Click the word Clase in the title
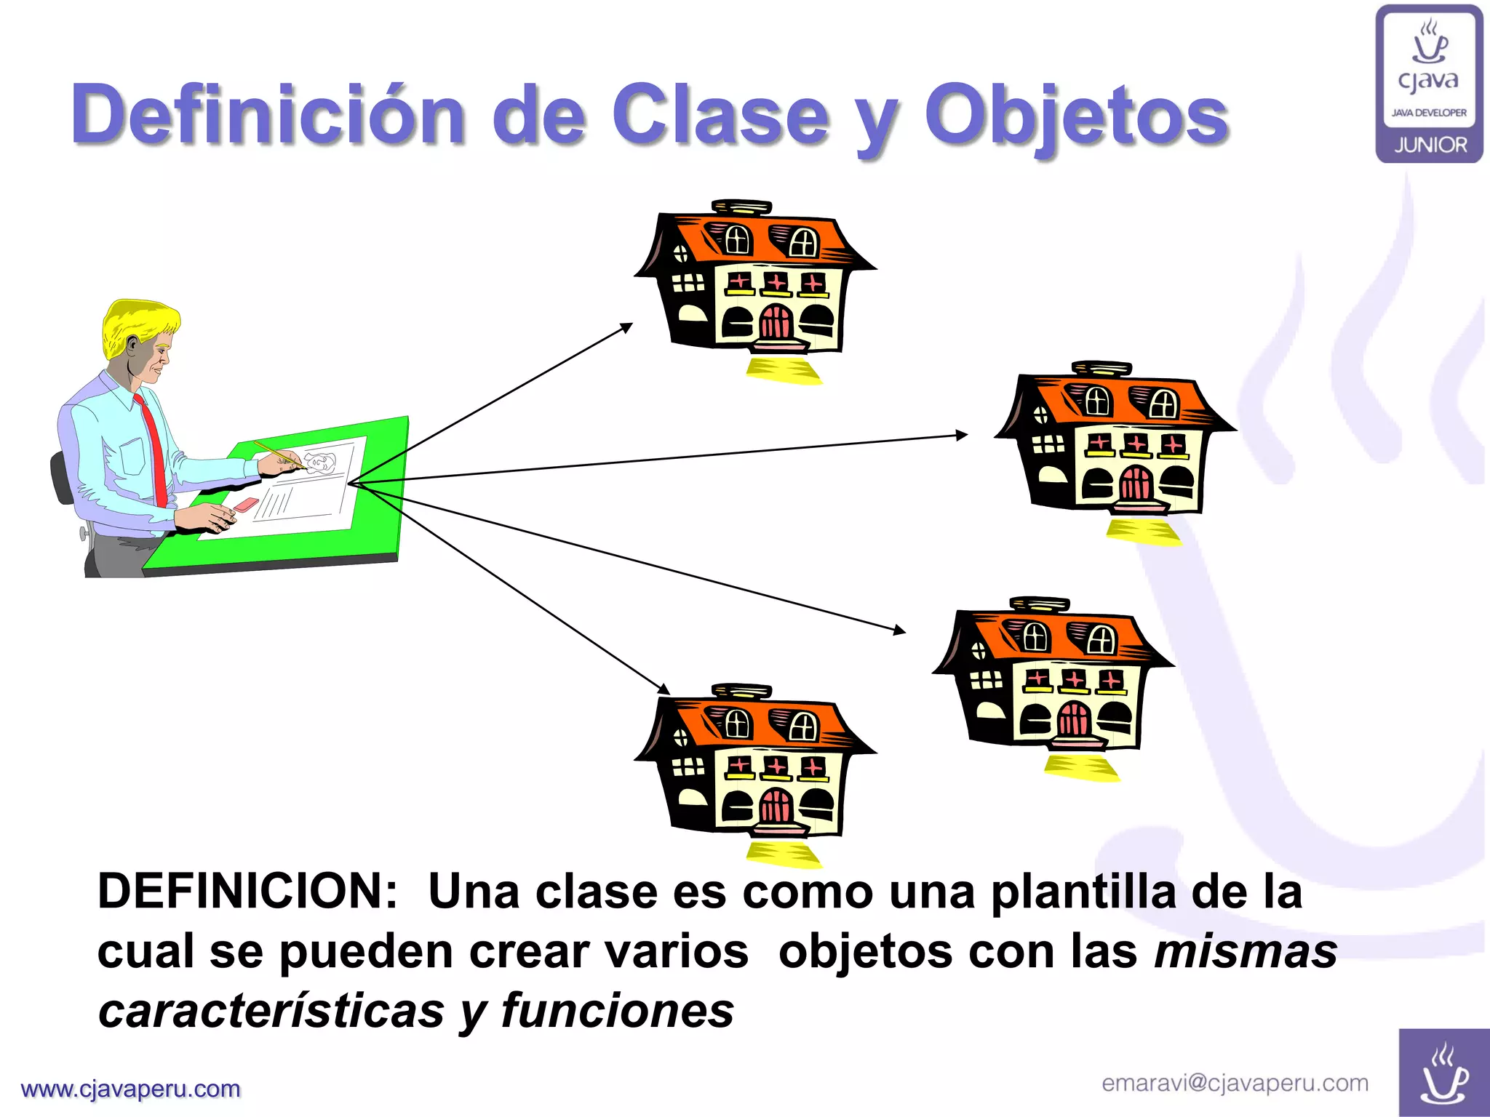pos(720,115)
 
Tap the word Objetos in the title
pos(1077,116)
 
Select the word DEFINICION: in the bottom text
pos(247,892)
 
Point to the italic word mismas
pos(1246,951)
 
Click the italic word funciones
pos(617,1011)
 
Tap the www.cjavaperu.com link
pos(131,1089)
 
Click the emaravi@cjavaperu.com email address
pos(1235,1083)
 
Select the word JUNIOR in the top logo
pos(1430,145)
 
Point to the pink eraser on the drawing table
pos(246,504)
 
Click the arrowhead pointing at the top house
pos(627,327)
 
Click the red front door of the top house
pos(776,321)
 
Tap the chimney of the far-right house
pos(1101,368)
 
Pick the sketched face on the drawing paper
pos(320,463)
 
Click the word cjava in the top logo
pos(1428,80)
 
